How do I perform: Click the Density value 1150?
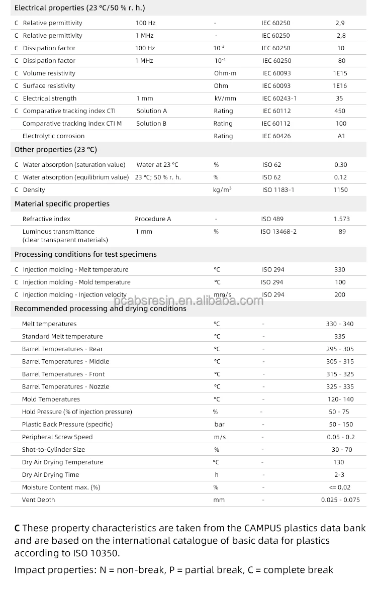click(340, 190)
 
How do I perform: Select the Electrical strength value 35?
click(340, 98)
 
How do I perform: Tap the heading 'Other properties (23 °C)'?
click(56, 150)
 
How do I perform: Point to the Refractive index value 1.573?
click(341, 219)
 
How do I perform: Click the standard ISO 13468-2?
click(278, 232)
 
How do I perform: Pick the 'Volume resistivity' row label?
click(49, 73)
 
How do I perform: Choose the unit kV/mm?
click(225, 98)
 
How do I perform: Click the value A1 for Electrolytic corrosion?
click(341, 136)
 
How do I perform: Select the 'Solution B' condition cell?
click(151, 124)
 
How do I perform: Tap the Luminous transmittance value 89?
click(342, 232)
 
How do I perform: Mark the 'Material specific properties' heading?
click(62, 204)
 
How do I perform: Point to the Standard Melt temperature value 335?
click(340, 337)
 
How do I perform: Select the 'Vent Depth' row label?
click(38, 500)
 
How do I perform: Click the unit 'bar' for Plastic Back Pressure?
click(219, 425)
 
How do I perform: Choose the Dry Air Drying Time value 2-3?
click(339, 475)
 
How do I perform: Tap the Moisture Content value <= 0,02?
click(340, 487)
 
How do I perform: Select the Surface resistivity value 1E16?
click(340, 86)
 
